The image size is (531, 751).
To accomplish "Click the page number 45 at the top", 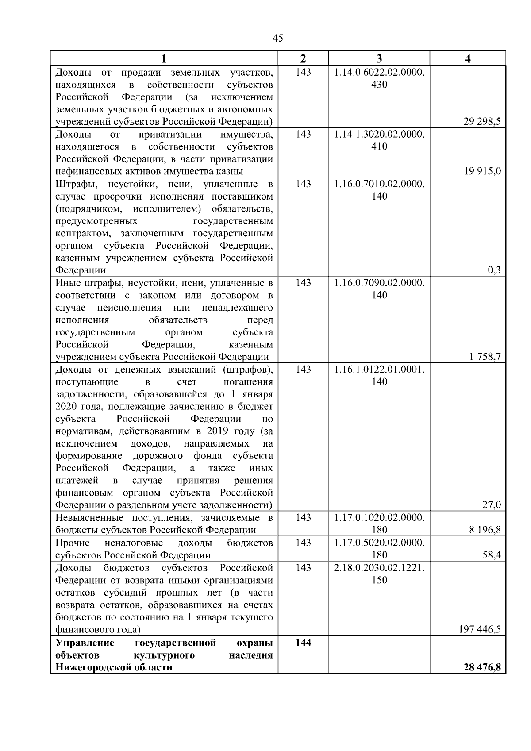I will click(x=278, y=38).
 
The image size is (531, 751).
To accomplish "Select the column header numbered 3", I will click(x=379, y=59).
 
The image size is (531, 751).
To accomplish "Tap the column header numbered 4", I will click(x=468, y=59).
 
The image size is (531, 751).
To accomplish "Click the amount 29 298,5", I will click(x=482, y=122).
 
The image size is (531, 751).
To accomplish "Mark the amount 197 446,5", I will click(x=480, y=629).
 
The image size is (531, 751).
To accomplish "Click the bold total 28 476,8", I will click(x=482, y=667).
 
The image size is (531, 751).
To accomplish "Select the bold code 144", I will click(x=303, y=642).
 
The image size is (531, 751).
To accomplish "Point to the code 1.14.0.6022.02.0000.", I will click(x=379, y=72).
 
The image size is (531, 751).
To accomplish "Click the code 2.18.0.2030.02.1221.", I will click(x=379, y=568).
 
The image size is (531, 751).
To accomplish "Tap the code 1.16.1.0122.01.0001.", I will click(x=379, y=370).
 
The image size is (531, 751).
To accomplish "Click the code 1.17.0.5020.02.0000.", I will click(x=379, y=543).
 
